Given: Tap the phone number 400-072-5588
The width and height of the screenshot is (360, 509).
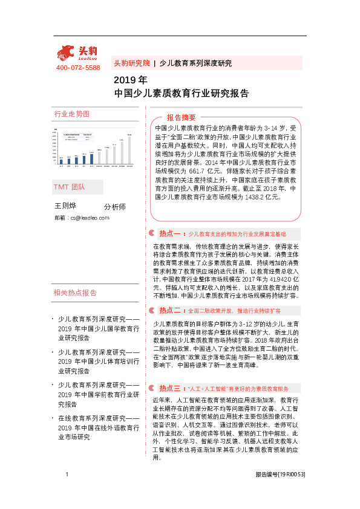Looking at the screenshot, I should pyautogui.click(x=78, y=68).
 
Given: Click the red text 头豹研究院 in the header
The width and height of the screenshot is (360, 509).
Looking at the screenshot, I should pyautogui.click(x=131, y=63).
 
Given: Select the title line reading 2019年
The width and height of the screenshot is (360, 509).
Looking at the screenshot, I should pyautogui.click(x=130, y=80).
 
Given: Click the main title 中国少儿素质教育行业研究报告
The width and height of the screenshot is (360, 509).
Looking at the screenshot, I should pyautogui.click(x=181, y=94).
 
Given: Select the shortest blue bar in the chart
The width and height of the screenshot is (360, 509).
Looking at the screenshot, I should pyautogui.click(x=61, y=160).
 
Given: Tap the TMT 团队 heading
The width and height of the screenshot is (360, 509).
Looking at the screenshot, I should pyautogui.click(x=69, y=187).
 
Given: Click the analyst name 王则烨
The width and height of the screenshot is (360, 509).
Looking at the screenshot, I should pyautogui.click(x=65, y=206).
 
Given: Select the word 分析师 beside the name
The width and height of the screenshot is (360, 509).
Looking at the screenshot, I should pyautogui.click(x=115, y=207).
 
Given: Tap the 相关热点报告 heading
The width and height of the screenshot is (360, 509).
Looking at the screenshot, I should pyautogui.click(x=75, y=293).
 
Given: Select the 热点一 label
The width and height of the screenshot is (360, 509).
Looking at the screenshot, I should pyautogui.click(x=170, y=233).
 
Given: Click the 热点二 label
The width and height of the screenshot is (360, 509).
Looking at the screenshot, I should pyautogui.click(x=170, y=310).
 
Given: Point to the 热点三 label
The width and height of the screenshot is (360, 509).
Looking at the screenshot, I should pyautogui.click(x=170, y=387).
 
